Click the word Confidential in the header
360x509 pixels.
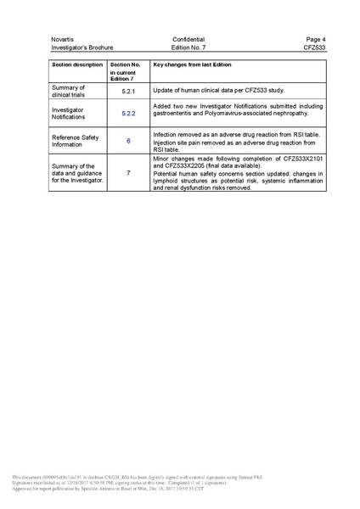pyautogui.click(x=188, y=40)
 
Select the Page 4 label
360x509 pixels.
pyautogui.click(x=316, y=40)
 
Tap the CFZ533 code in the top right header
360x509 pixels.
pyautogui.click(x=314, y=48)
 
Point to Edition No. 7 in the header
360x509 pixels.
pyautogui.click(x=188, y=48)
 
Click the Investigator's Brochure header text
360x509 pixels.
pyautogui.click(x=82, y=48)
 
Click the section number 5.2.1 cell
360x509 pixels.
pyautogui.click(x=129, y=90)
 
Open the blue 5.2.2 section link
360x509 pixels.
pyautogui.click(x=129, y=112)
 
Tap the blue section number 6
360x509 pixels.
pyautogui.click(x=128, y=140)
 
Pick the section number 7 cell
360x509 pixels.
pyautogui.click(x=128, y=173)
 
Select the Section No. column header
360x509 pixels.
pyautogui.click(x=126, y=64)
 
